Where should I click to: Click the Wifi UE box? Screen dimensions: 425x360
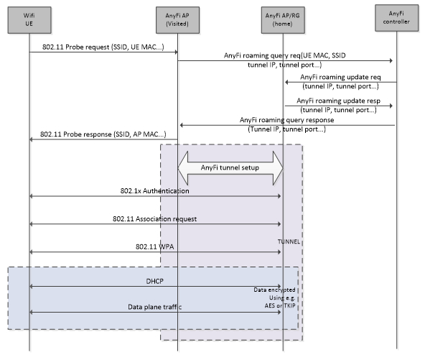point(29,20)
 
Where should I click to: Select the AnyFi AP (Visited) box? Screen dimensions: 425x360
point(177,20)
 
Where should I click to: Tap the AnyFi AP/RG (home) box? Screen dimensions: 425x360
point(283,20)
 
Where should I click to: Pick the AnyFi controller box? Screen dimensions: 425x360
point(396,18)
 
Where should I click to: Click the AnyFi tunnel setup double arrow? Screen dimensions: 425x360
point(230,168)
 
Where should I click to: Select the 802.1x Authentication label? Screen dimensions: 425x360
point(155,191)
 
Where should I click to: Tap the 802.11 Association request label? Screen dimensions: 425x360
point(155,219)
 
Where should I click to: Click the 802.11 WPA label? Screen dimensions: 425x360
point(155,246)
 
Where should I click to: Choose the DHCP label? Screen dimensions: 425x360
point(155,282)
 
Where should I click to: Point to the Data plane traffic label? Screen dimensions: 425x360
point(155,307)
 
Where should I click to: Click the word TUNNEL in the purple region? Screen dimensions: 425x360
point(289,241)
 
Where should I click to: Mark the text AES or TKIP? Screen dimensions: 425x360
point(280,305)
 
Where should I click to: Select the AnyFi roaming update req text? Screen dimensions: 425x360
point(340,77)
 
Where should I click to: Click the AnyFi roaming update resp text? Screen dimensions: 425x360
point(339,101)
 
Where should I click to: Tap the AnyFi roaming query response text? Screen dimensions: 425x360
point(286,120)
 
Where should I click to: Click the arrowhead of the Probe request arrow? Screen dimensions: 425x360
point(176,52)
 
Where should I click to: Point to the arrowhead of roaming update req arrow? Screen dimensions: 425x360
point(286,82)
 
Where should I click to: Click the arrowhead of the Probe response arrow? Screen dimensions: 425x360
point(31,139)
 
